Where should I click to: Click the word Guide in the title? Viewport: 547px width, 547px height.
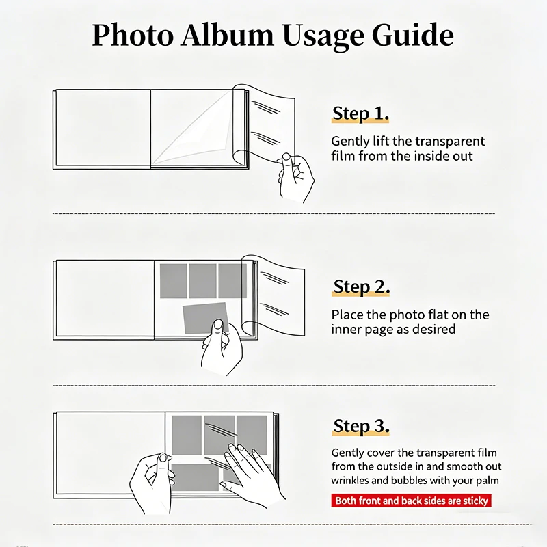click(413, 35)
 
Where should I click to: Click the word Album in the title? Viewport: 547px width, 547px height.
click(228, 35)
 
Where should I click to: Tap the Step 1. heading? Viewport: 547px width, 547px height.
click(361, 114)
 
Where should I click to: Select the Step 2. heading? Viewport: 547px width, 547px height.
click(362, 286)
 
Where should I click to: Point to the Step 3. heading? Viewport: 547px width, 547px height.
click(361, 426)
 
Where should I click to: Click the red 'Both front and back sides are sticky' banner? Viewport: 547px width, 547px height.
click(412, 501)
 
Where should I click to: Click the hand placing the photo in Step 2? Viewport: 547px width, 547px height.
click(222, 347)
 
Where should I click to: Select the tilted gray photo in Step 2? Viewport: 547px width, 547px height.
click(206, 318)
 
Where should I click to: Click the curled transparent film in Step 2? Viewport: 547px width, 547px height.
click(276, 297)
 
